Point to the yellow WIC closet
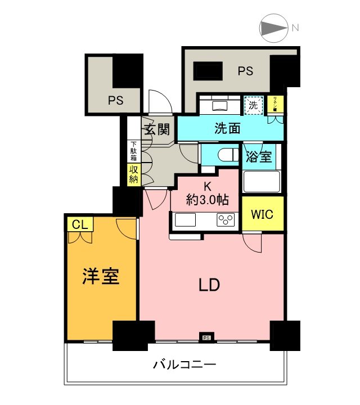tap(263, 214)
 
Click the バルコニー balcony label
tap(184, 364)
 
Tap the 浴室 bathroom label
tap(259, 157)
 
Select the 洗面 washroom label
tap(228, 128)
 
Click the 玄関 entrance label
tap(156, 129)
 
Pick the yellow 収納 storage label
tap(133, 175)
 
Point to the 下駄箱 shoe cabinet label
tap(133, 151)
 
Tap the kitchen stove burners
tap(226, 220)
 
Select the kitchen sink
tap(185, 220)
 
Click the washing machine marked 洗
tap(253, 104)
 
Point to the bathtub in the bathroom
tap(262, 181)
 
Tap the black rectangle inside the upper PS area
tap(208, 71)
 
